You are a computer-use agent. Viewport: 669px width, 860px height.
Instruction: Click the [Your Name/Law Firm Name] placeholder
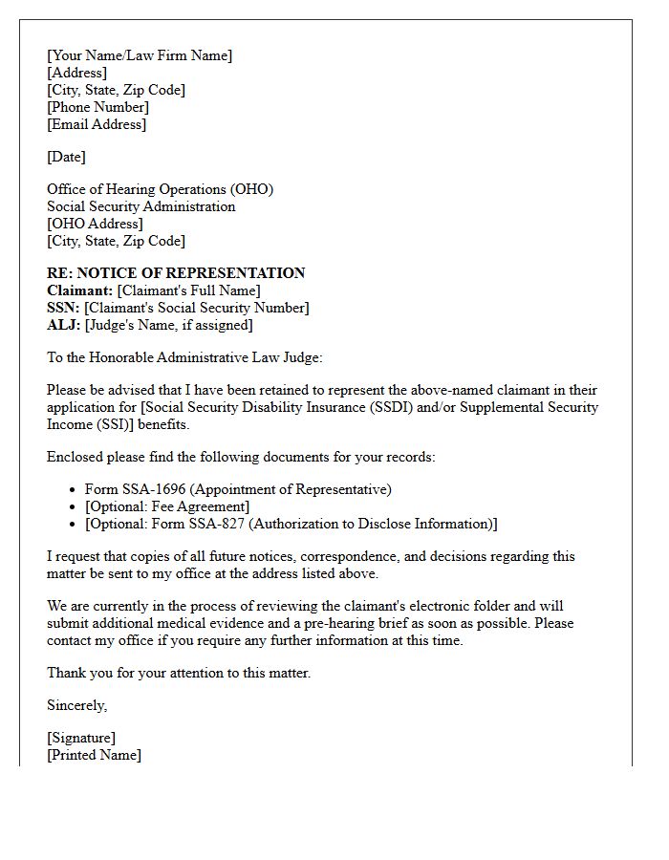pos(140,55)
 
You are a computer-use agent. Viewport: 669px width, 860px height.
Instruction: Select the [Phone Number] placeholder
pos(97,107)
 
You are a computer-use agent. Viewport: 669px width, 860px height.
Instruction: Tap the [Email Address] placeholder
pos(97,124)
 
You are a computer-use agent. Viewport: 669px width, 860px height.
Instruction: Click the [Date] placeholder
pos(66,157)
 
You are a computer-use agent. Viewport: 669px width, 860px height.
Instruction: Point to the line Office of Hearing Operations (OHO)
pos(160,189)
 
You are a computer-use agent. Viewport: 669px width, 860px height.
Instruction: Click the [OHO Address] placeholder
pos(95,224)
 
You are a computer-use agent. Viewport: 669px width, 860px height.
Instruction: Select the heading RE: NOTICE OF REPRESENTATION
pos(176,273)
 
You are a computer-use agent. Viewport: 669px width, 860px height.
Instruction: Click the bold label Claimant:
pos(80,290)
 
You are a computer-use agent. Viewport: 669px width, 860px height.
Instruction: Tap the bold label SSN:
pos(63,308)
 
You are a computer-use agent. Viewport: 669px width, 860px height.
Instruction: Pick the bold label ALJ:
pos(63,325)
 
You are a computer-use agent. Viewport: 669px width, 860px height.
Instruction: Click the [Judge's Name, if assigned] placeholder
pos(168,325)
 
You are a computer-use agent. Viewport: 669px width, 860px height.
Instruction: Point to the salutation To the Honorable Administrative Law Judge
pos(185,357)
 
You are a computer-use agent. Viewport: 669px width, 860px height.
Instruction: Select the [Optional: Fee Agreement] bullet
pos(167,506)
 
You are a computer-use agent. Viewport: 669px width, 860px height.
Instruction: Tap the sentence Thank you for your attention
pos(179,673)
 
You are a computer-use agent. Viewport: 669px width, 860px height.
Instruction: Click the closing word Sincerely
pos(76,705)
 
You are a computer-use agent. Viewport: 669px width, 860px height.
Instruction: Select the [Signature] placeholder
pos(81,738)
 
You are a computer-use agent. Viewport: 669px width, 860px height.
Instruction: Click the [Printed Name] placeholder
pos(94,755)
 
